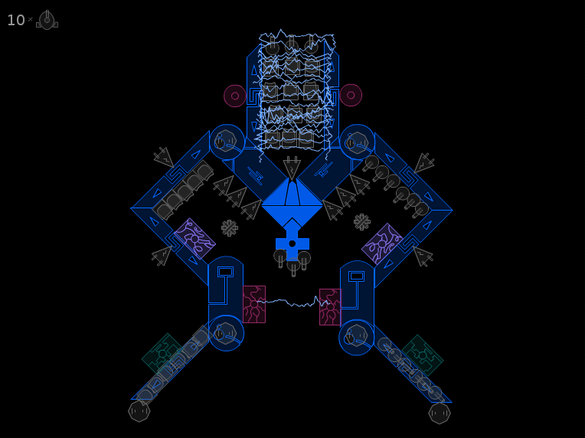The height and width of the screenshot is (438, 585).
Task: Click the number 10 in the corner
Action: point(15,20)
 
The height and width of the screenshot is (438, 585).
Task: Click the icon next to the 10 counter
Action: point(47,20)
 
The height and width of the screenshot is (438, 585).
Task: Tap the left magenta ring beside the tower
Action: point(234,96)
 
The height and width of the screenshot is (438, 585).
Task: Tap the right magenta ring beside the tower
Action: point(351,95)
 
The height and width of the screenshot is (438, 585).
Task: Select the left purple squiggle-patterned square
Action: point(194,239)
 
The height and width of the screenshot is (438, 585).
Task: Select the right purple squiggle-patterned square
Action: point(382,244)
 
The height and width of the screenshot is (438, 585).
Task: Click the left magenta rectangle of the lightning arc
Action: point(254,305)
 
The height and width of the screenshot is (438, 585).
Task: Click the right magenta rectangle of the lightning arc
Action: point(330,307)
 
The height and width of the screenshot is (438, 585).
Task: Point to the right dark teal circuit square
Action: point(423,355)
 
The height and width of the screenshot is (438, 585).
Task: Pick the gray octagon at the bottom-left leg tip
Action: point(139,411)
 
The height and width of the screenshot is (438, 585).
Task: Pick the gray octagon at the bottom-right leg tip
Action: point(440,413)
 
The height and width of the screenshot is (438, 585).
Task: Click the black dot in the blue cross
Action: point(292,244)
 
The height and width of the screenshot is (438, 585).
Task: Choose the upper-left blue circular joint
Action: point(227,142)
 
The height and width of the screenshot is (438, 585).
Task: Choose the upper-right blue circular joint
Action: point(357,142)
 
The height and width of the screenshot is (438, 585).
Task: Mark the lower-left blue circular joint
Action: point(226,333)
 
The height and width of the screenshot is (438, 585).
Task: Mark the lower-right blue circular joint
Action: point(356,337)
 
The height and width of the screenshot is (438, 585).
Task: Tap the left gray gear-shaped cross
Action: point(230,228)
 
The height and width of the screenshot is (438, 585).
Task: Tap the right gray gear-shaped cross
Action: point(362,222)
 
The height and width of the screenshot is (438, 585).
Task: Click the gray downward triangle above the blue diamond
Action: point(292,168)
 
